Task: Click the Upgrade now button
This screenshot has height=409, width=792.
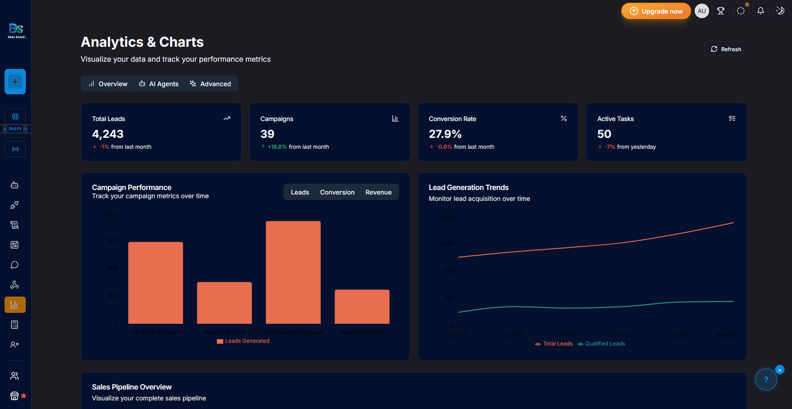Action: pyautogui.click(x=656, y=11)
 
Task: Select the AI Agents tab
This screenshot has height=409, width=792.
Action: pyautogui.click(x=158, y=84)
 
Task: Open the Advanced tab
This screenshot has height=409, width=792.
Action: pyautogui.click(x=211, y=84)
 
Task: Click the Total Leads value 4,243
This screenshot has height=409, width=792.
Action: pyautogui.click(x=108, y=134)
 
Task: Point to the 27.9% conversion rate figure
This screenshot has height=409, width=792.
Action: pyautogui.click(x=445, y=134)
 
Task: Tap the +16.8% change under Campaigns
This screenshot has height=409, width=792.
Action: pyautogui.click(x=277, y=147)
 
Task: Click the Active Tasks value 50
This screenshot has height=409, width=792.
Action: pyautogui.click(x=604, y=134)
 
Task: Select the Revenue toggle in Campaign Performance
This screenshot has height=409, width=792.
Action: pyautogui.click(x=378, y=192)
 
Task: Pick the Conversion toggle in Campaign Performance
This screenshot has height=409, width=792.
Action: pyautogui.click(x=337, y=192)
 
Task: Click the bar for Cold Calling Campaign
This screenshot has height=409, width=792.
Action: pyautogui.click(x=293, y=272)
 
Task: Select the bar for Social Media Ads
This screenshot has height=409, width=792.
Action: pyautogui.click(x=362, y=307)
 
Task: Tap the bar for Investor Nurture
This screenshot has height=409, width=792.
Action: pyautogui.click(x=224, y=303)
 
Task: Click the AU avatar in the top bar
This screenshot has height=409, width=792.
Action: pyautogui.click(x=701, y=11)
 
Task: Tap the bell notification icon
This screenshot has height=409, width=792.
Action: pyautogui.click(x=760, y=11)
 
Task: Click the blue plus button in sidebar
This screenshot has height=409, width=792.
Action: pyautogui.click(x=15, y=82)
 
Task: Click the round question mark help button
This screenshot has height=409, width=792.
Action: pyautogui.click(x=766, y=380)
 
